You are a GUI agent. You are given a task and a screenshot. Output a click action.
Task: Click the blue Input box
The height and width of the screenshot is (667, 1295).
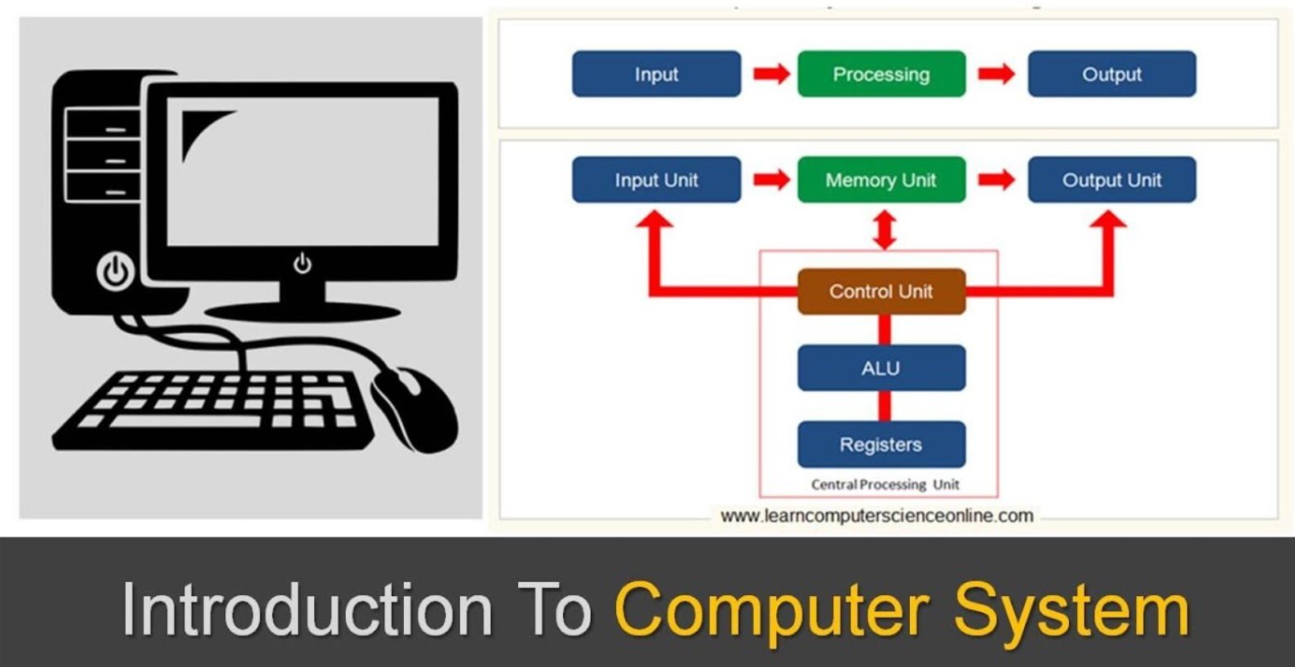656,74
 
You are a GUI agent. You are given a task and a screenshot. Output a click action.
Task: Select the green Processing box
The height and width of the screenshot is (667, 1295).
881,74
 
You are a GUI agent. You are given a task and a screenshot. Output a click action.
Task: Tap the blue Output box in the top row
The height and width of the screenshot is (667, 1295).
1111,74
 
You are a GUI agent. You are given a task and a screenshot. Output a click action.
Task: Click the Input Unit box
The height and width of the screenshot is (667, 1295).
656,180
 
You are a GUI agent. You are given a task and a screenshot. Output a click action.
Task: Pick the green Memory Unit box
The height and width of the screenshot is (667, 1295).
881,180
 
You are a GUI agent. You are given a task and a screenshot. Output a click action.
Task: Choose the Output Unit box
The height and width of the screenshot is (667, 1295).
1111,180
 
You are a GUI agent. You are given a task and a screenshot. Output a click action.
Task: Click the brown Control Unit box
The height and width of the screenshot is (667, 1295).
881,291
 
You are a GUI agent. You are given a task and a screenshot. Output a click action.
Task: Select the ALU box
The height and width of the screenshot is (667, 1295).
881,368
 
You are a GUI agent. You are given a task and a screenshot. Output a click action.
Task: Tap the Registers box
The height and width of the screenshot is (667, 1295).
881,445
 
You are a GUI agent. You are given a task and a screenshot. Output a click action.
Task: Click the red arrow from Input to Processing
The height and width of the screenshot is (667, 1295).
770,74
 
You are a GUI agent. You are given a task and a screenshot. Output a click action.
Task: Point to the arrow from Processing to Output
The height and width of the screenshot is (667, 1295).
996,74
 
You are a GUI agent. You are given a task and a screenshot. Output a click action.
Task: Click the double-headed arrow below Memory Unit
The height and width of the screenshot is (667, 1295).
885,230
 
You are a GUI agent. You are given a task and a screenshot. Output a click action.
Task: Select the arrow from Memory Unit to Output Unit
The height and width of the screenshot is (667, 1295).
996,180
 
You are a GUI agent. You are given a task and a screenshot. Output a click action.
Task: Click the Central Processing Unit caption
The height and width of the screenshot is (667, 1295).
885,485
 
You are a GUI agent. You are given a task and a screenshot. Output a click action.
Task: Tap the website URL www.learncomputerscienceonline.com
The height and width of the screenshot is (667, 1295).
876,516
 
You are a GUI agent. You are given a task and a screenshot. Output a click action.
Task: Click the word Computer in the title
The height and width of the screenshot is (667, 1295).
771,609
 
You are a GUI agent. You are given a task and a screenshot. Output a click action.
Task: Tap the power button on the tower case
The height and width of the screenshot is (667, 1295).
115,271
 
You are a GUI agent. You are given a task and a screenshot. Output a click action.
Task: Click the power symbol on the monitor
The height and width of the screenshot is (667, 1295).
303,263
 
